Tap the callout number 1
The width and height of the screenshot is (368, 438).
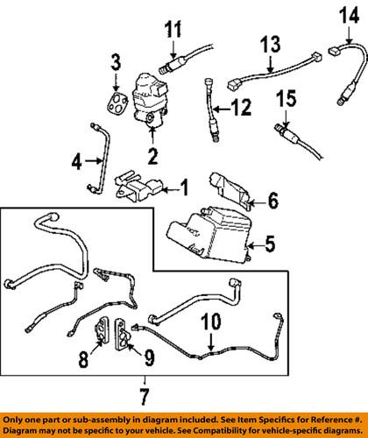184,187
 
